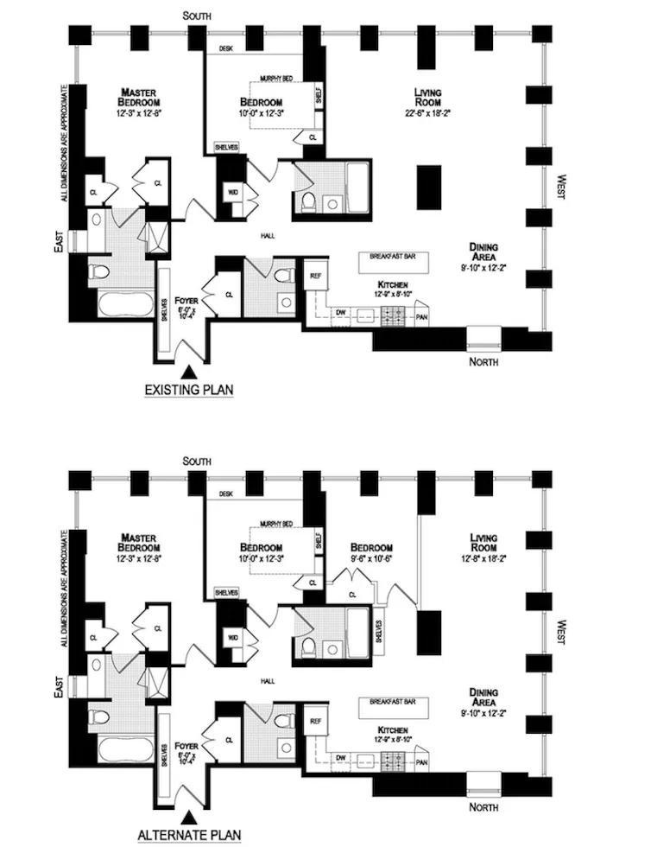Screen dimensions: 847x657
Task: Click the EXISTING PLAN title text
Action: pos(188,390)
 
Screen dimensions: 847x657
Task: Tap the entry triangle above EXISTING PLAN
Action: pos(188,370)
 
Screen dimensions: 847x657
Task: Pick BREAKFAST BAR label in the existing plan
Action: pos(393,258)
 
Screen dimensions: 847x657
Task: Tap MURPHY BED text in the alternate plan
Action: pos(275,525)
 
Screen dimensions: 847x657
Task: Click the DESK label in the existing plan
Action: pos(227,49)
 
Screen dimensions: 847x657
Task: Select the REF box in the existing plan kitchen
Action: pos(316,276)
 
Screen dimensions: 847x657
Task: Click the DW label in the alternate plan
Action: pos(340,756)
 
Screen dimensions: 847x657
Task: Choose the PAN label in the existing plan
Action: pos(421,316)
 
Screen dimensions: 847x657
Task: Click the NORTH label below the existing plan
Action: pos(483,361)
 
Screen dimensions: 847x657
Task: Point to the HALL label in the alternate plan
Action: pos(267,680)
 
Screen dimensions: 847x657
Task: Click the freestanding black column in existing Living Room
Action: pos(427,187)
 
